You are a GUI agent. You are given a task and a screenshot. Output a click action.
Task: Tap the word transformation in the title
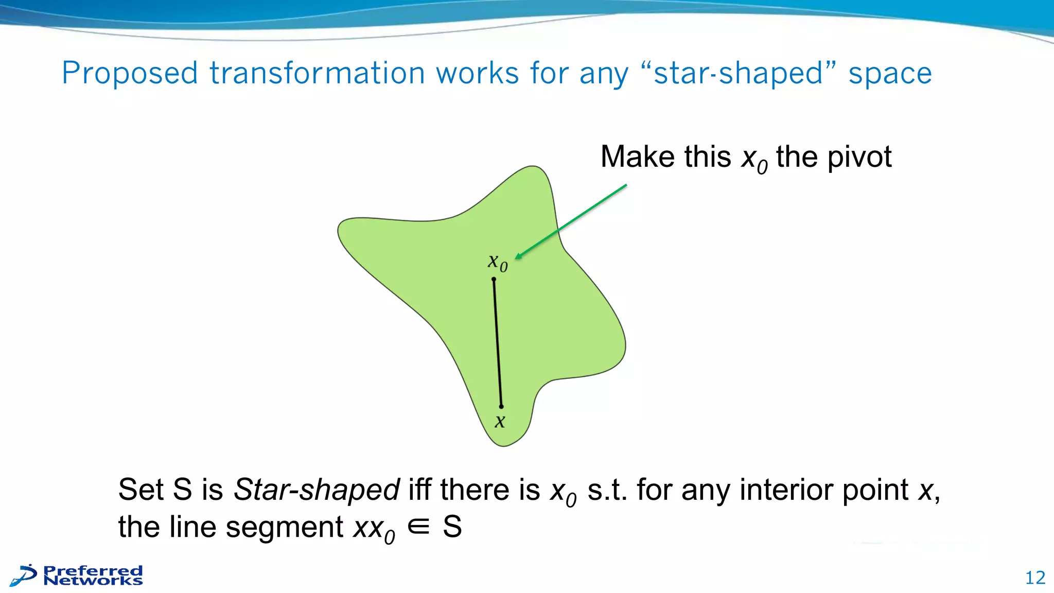(317, 74)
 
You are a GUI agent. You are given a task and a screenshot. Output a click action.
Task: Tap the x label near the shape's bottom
(500, 422)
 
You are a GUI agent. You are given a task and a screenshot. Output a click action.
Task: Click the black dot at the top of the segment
(494, 280)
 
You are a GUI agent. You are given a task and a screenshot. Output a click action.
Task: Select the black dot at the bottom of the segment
(501, 407)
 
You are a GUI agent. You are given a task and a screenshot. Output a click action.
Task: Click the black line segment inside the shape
(498, 343)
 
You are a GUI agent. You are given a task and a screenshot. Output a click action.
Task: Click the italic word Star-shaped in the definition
(317, 489)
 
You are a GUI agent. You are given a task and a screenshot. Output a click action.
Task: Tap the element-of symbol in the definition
(418, 527)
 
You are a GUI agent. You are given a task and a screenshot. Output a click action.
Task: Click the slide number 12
(1035, 578)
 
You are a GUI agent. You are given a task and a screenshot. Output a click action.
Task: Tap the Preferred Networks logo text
(93, 575)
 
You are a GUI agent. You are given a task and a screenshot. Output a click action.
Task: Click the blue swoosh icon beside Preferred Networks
(24, 575)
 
